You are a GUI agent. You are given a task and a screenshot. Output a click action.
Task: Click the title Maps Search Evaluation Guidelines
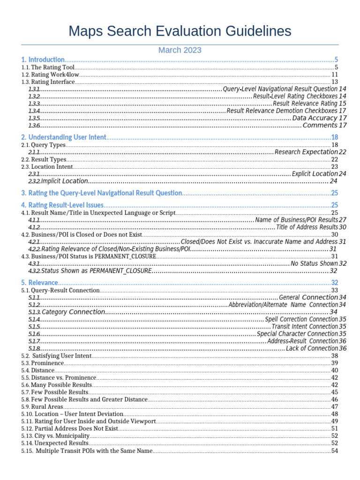[x=180, y=31]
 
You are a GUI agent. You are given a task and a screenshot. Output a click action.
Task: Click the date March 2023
[x=180, y=50]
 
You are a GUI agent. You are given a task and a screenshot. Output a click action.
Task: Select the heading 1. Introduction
[x=43, y=60]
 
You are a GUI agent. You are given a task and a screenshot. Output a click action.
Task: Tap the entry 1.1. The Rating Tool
[x=48, y=67]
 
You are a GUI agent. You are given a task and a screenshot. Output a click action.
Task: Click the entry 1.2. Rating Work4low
[x=51, y=75]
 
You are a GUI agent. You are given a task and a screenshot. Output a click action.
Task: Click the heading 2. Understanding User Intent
[x=64, y=137]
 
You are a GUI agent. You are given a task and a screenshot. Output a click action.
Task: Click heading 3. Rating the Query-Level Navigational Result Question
[x=101, y=193]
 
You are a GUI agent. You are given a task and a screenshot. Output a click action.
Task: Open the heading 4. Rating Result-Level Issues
[x=62, y=205]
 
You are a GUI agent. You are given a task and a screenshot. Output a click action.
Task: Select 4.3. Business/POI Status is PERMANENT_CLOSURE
[x=89, y=256]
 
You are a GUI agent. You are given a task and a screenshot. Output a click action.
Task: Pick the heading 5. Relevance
[x=40, y=283]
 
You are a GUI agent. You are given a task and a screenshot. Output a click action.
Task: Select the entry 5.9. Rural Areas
[x=43, y=406]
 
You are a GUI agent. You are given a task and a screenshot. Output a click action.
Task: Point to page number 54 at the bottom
[x=335, y=451]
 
